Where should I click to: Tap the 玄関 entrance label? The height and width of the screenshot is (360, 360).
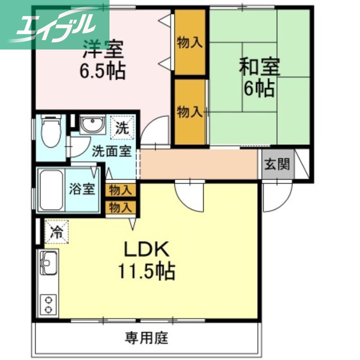[x=277, y=165]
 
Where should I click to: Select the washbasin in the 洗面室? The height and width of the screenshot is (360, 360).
[x=92, y=124]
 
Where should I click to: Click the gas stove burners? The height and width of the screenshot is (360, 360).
[x=48, y=304]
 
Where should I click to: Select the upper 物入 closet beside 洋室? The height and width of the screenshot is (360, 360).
[x=190, y=42]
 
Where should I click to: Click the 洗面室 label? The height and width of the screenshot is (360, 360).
[x=112, y=151]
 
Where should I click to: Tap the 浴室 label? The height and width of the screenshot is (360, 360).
[x=82, y=189]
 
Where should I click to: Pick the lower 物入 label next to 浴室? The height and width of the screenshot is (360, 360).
[x=121, y=207]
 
